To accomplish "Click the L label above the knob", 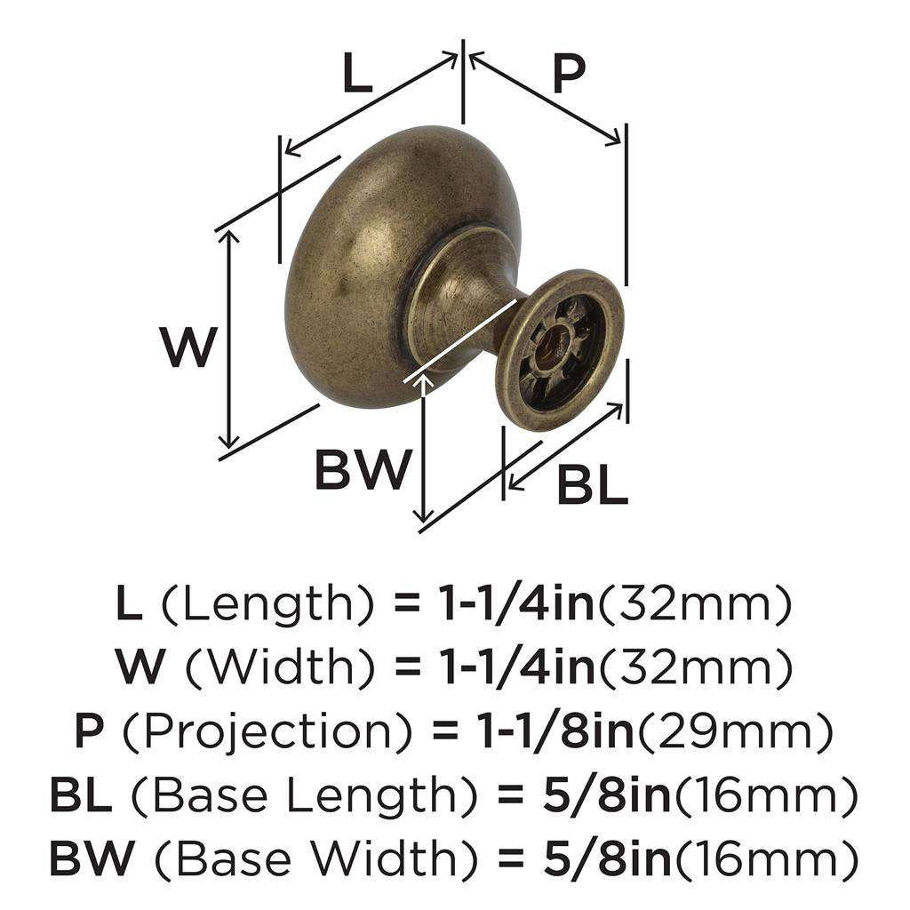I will point(356,75).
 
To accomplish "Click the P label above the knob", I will point(568,75).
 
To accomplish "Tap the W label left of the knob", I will point(188,347).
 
